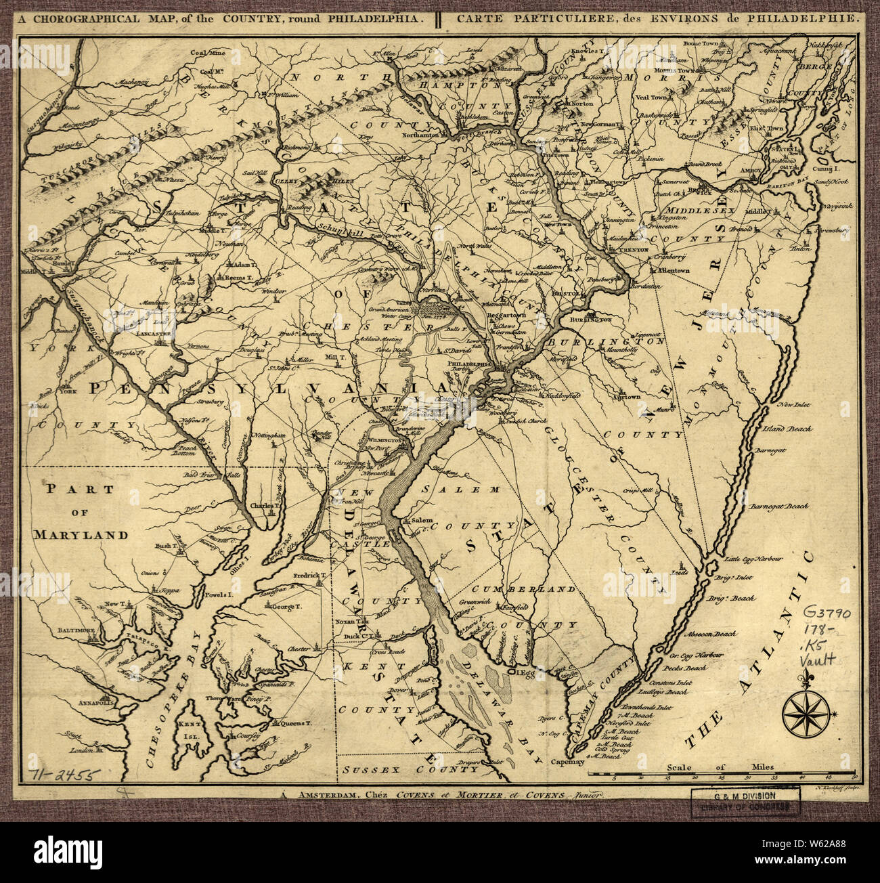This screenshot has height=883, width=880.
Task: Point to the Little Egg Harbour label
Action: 753,559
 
